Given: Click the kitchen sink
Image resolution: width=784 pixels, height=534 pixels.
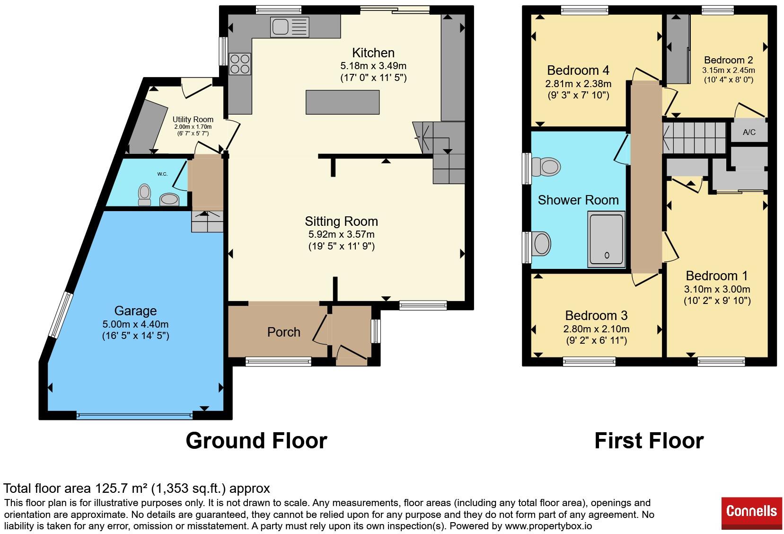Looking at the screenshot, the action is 290,27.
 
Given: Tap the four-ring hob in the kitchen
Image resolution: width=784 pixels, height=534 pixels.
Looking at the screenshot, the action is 240,64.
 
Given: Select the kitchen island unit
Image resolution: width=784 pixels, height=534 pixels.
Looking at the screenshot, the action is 342,102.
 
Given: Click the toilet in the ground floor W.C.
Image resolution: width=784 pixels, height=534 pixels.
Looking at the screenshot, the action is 145,195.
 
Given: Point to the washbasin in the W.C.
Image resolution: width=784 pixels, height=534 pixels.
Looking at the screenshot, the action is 169,200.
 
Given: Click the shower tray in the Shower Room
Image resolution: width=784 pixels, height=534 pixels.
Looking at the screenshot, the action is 606,239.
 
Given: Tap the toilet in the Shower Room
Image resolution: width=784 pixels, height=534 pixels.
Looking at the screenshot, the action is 546,167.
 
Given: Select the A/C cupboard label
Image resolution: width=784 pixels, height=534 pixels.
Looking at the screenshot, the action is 749,132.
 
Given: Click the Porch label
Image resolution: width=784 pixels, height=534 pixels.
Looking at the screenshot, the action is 283,332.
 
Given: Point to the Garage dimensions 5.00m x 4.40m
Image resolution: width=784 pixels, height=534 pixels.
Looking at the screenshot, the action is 135,324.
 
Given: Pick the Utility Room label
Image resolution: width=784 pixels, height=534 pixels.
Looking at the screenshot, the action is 193,119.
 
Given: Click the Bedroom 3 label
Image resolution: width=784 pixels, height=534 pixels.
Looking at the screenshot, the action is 596,315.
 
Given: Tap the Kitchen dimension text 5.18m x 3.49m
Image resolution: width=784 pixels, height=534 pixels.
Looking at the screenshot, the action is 373,65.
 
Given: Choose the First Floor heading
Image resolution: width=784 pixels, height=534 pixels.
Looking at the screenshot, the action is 649,441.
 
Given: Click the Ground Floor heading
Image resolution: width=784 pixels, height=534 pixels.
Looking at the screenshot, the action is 256,441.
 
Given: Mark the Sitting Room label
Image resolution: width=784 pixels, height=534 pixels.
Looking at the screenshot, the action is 341,221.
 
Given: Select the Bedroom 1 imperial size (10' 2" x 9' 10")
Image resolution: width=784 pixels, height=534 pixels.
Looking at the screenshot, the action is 717,301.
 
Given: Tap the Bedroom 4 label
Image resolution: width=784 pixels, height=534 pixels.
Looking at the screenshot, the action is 578,71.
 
